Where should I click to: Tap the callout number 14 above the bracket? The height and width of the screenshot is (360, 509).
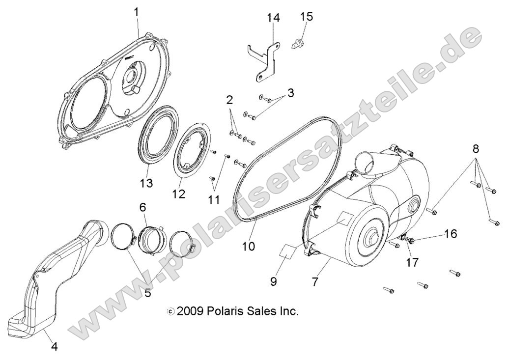click(x=273, y=18)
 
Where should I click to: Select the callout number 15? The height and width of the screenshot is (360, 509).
click(x=306, y=16)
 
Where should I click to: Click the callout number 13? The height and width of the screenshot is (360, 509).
click(x=146, y=183)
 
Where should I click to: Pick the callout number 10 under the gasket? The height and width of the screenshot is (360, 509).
click(x=248, y=246)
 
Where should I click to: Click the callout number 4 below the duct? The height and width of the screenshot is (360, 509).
click(x=54, y=346)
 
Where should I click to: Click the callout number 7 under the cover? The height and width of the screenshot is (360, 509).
click(x=315, y=281)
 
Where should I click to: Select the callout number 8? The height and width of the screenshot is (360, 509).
click(x=476, y=148)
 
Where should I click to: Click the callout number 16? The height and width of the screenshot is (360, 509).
click(x=450, y=234)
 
